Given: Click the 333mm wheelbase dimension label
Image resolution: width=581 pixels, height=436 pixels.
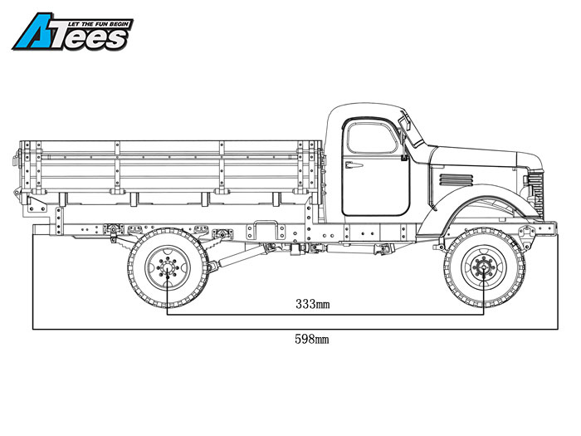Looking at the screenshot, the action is tap(312, 305).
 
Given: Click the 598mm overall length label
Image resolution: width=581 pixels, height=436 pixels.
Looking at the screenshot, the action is tap(311, 339).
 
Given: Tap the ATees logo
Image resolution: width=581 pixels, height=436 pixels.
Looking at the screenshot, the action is tap(73, 32).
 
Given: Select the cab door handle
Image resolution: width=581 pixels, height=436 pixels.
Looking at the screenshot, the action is tap(354, 165).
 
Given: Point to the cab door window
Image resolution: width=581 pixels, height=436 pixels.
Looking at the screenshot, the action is tap(372, 138).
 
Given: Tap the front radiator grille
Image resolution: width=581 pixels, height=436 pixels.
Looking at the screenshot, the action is tap(535, 194).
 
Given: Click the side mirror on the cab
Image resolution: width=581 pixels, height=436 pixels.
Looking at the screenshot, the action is tap(405, 121).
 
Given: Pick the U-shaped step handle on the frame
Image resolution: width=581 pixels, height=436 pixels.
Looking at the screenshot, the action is tap(266, 230).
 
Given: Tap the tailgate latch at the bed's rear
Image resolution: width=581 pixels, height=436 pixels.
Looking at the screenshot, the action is tap(17, 159).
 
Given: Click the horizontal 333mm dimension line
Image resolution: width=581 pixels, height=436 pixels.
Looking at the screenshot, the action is tap(325, 315).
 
